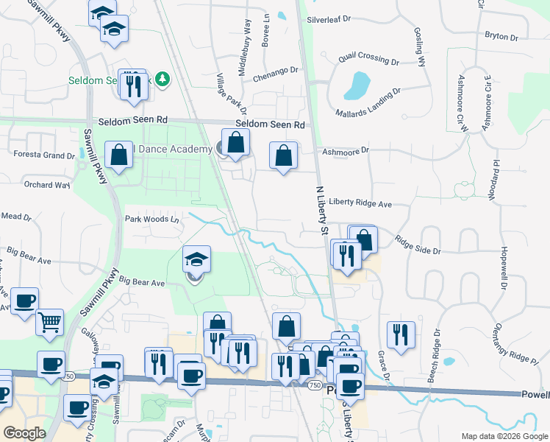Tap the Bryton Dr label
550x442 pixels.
click(501, 36)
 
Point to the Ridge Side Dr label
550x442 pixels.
click(417, 245)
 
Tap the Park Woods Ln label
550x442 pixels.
click(151, 219)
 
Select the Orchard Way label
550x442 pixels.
click(47, 185)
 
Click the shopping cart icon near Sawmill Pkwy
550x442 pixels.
click(49, 321)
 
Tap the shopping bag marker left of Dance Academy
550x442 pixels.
click(119, 155)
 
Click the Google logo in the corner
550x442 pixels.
click(25, 432)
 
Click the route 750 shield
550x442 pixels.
click(314, 385)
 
